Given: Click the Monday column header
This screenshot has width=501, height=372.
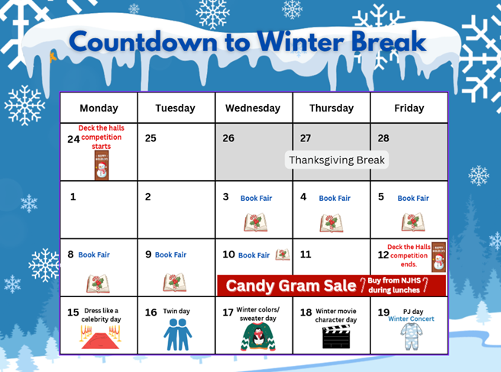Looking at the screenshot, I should (x=99, y=108).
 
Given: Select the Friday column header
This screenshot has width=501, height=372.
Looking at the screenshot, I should (x=409, y=108).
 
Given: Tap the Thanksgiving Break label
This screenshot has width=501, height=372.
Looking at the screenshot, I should (x=337, y=160).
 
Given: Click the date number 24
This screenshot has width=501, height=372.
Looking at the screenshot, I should (x=73, y=138).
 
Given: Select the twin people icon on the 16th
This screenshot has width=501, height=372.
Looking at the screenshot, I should (x=178, y=335).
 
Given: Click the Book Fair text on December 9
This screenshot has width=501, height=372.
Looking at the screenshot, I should (x=170, y=255).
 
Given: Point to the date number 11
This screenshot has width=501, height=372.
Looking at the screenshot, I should (x=305, y=254).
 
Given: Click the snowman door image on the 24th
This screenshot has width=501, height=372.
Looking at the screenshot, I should (x=101, y=164).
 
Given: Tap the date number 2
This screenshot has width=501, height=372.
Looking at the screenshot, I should (x=147, y=197).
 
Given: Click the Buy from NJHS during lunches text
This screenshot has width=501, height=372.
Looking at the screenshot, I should (x=395, y=286).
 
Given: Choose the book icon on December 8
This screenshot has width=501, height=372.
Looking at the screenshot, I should (x=99, y=283).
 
